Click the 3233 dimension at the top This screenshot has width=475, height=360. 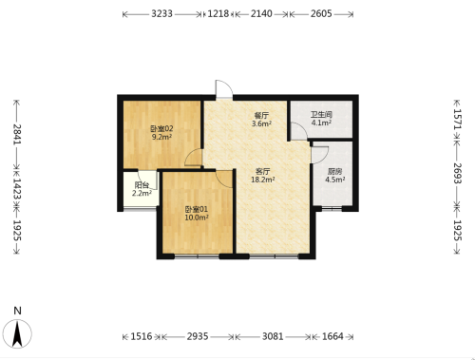point(161,14)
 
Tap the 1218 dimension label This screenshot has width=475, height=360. point(218,14)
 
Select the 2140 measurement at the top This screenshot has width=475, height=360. point(261,14)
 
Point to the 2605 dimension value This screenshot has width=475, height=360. point(321,14)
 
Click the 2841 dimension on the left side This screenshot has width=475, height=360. point(17,134)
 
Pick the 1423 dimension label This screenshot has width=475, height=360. point(17,189)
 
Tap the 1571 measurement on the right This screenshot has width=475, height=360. point(458,119)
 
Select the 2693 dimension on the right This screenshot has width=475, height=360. point(458,173)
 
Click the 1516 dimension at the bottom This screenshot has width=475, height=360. point(142,336)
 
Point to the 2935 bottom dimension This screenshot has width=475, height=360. point(198,336)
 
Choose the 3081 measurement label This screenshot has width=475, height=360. point(273,336)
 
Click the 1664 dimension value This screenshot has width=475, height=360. point(332,336)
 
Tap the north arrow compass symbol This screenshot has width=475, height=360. point(17,333)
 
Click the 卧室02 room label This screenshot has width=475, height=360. point(161,129)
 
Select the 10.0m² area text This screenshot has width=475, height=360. point(197,218)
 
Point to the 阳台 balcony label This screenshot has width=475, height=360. point(142,185)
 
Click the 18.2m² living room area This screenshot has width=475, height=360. point(263,180)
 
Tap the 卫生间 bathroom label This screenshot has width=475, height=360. point(321,115)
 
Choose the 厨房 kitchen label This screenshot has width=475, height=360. point(334,172)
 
